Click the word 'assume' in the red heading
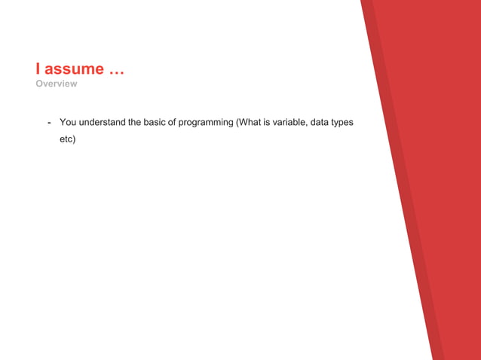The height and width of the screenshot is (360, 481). pos(74,69)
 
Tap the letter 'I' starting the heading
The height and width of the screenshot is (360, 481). pos(38,69)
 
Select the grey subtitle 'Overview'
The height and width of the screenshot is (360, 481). pos(56,84)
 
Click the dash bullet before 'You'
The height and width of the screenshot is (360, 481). pos(49,122)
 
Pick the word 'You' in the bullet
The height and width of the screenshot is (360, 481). pos(68,122)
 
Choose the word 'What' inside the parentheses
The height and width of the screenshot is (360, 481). pos(252,122)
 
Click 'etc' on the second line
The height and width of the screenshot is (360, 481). pos(66,139)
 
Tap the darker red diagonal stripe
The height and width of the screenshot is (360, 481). pos(400,188)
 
